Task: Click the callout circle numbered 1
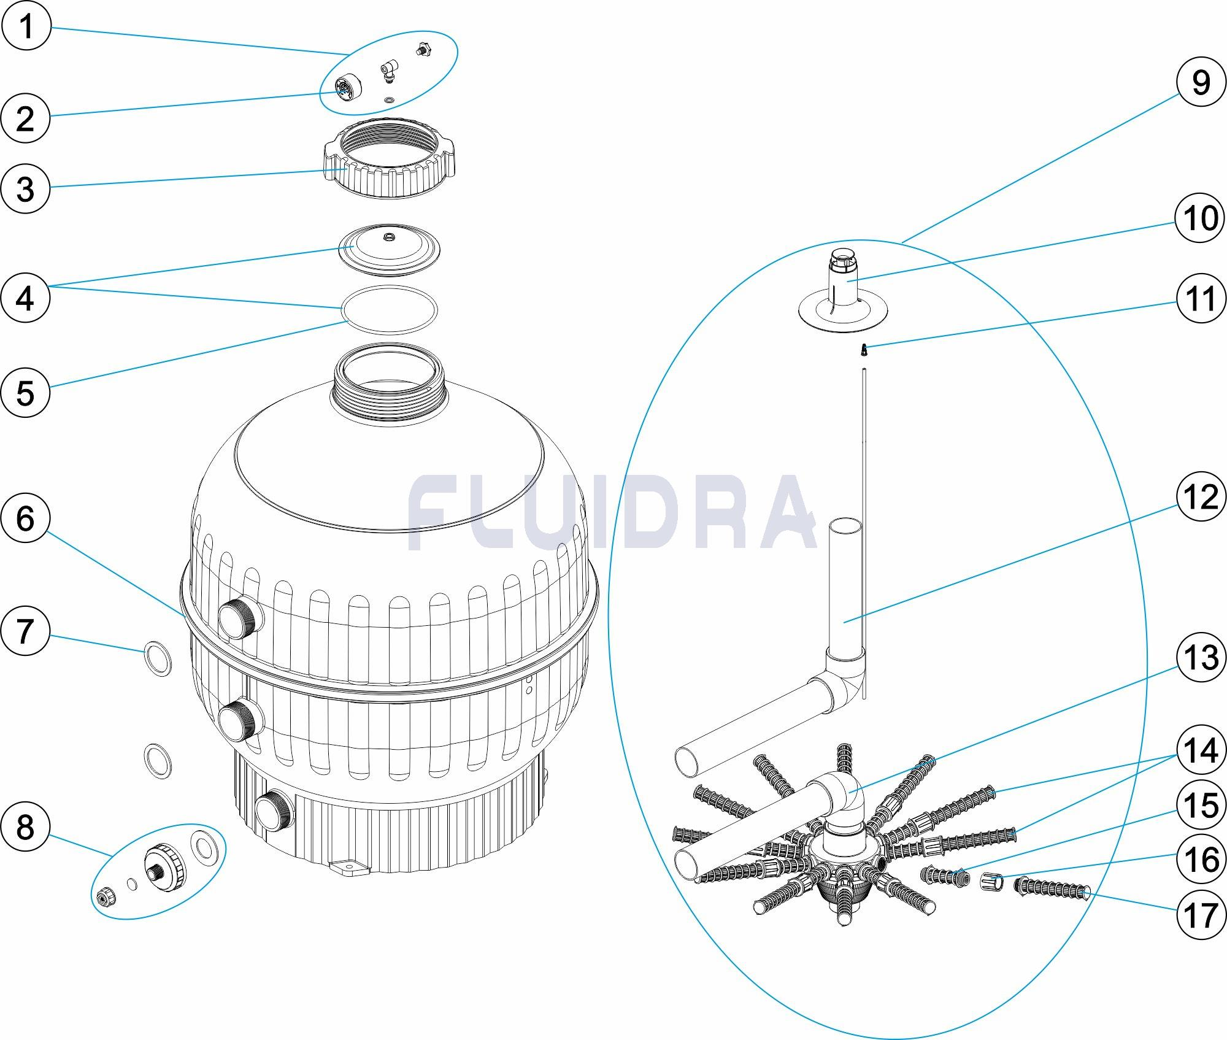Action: (x=26, y=27)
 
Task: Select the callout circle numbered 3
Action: (x=26, y=188)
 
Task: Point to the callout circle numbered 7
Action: (x=26, y=631)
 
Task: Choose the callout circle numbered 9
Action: (x=1201, y=82)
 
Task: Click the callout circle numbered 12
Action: (x=1201, y=497)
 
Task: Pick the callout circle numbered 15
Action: (x=1201, y=804)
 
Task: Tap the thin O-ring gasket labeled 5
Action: (x=389, y=310)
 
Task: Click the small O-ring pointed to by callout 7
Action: (x=158, y=658)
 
